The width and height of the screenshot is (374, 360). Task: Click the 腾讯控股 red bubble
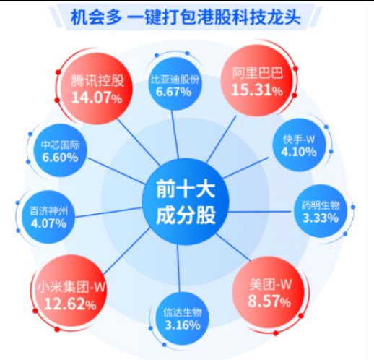point(97,89)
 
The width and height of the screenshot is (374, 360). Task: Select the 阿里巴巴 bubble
point(257,80)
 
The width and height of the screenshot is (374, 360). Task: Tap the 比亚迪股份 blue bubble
point(175,84)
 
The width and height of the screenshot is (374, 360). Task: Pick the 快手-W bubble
point(299,145)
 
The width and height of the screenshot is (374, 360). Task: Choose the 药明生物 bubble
point(321,211)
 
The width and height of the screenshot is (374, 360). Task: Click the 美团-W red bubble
point(269,292)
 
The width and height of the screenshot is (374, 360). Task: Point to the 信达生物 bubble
point(183,319)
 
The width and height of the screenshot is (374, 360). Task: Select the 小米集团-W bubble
point(71,291)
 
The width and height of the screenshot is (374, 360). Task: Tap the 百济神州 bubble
point(48,217)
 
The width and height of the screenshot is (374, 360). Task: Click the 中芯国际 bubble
point(60,150)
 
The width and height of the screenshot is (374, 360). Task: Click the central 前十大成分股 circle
point(186,202)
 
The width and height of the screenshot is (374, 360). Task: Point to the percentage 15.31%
point(257,90)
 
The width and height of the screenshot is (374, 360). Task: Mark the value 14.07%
point(97,98)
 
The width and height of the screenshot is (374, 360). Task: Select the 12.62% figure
point(70,304)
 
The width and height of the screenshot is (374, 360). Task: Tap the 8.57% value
point(269,301)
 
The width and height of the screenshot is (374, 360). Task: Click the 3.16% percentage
point(183,325)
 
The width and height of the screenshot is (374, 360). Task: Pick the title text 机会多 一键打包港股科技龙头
point(186,17)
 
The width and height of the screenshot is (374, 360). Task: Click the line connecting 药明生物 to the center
point(260,212)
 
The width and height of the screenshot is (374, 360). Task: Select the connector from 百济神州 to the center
point(108,213)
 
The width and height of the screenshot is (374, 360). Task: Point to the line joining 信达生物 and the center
point(178,268)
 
